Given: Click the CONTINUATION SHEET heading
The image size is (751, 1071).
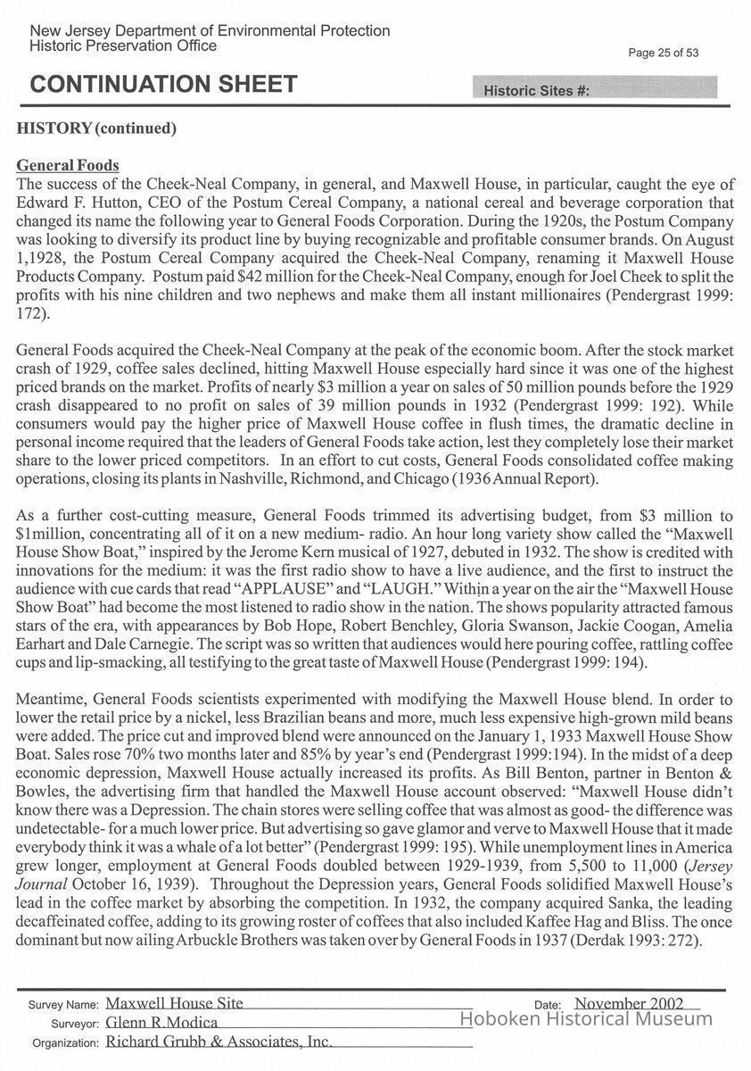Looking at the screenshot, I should pos(163,85).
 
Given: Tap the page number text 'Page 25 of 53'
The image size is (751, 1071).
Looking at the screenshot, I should pos(663,53).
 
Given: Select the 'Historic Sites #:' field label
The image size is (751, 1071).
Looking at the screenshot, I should pos(535,91).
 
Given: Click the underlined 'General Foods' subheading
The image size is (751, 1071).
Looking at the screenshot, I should pos(68,166).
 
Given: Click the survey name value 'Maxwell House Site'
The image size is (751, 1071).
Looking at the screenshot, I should pos(175,1004).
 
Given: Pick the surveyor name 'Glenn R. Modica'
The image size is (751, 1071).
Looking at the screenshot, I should pos(161,1023).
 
